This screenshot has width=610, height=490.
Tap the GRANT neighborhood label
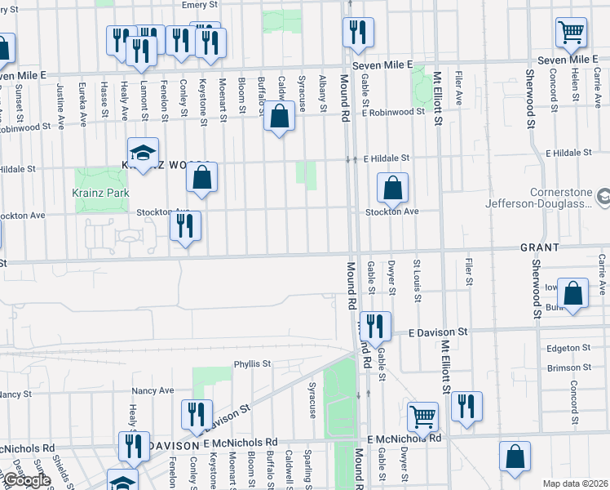click(x=538, y=247)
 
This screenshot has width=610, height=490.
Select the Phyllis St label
click(x=252, y=364)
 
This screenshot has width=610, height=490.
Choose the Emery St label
click(x=197, y=5)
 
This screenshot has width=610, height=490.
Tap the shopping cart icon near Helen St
click(x=572, y=32)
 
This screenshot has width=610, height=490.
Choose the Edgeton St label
click(x=569, y=347)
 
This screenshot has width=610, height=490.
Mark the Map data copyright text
click(x=575, y=483)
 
